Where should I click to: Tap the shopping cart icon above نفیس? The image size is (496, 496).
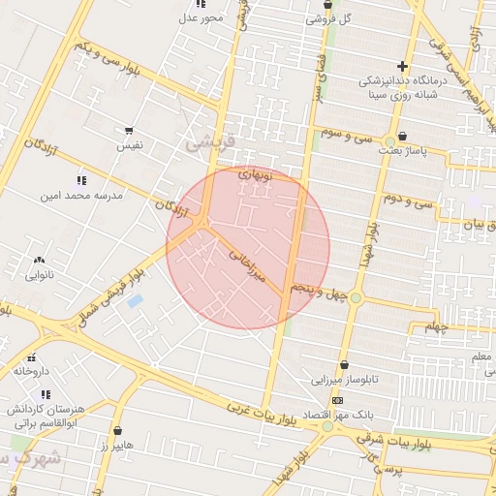click(x=129, y=130)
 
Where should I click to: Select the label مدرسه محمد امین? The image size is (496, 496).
click(x=81, y=196)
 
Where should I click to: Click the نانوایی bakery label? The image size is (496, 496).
click(x=38, y=275)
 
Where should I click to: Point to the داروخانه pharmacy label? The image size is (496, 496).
click(x=31, y=371)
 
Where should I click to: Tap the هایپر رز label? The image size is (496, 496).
click(x=117, y=445)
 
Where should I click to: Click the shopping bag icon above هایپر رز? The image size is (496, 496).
click(x=117, y=430)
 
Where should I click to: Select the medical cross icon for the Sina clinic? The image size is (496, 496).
click(x=402, y=66)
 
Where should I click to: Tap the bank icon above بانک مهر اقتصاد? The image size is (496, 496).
click(x=336, y=399)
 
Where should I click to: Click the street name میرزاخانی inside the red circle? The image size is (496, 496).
click(x=247, y=262)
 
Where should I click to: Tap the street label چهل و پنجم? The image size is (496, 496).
click(x=322, y=292)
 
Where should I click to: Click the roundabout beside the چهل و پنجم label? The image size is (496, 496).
click(x=356, y=297)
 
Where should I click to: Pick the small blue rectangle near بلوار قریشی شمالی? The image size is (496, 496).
click(x=135, y=301)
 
